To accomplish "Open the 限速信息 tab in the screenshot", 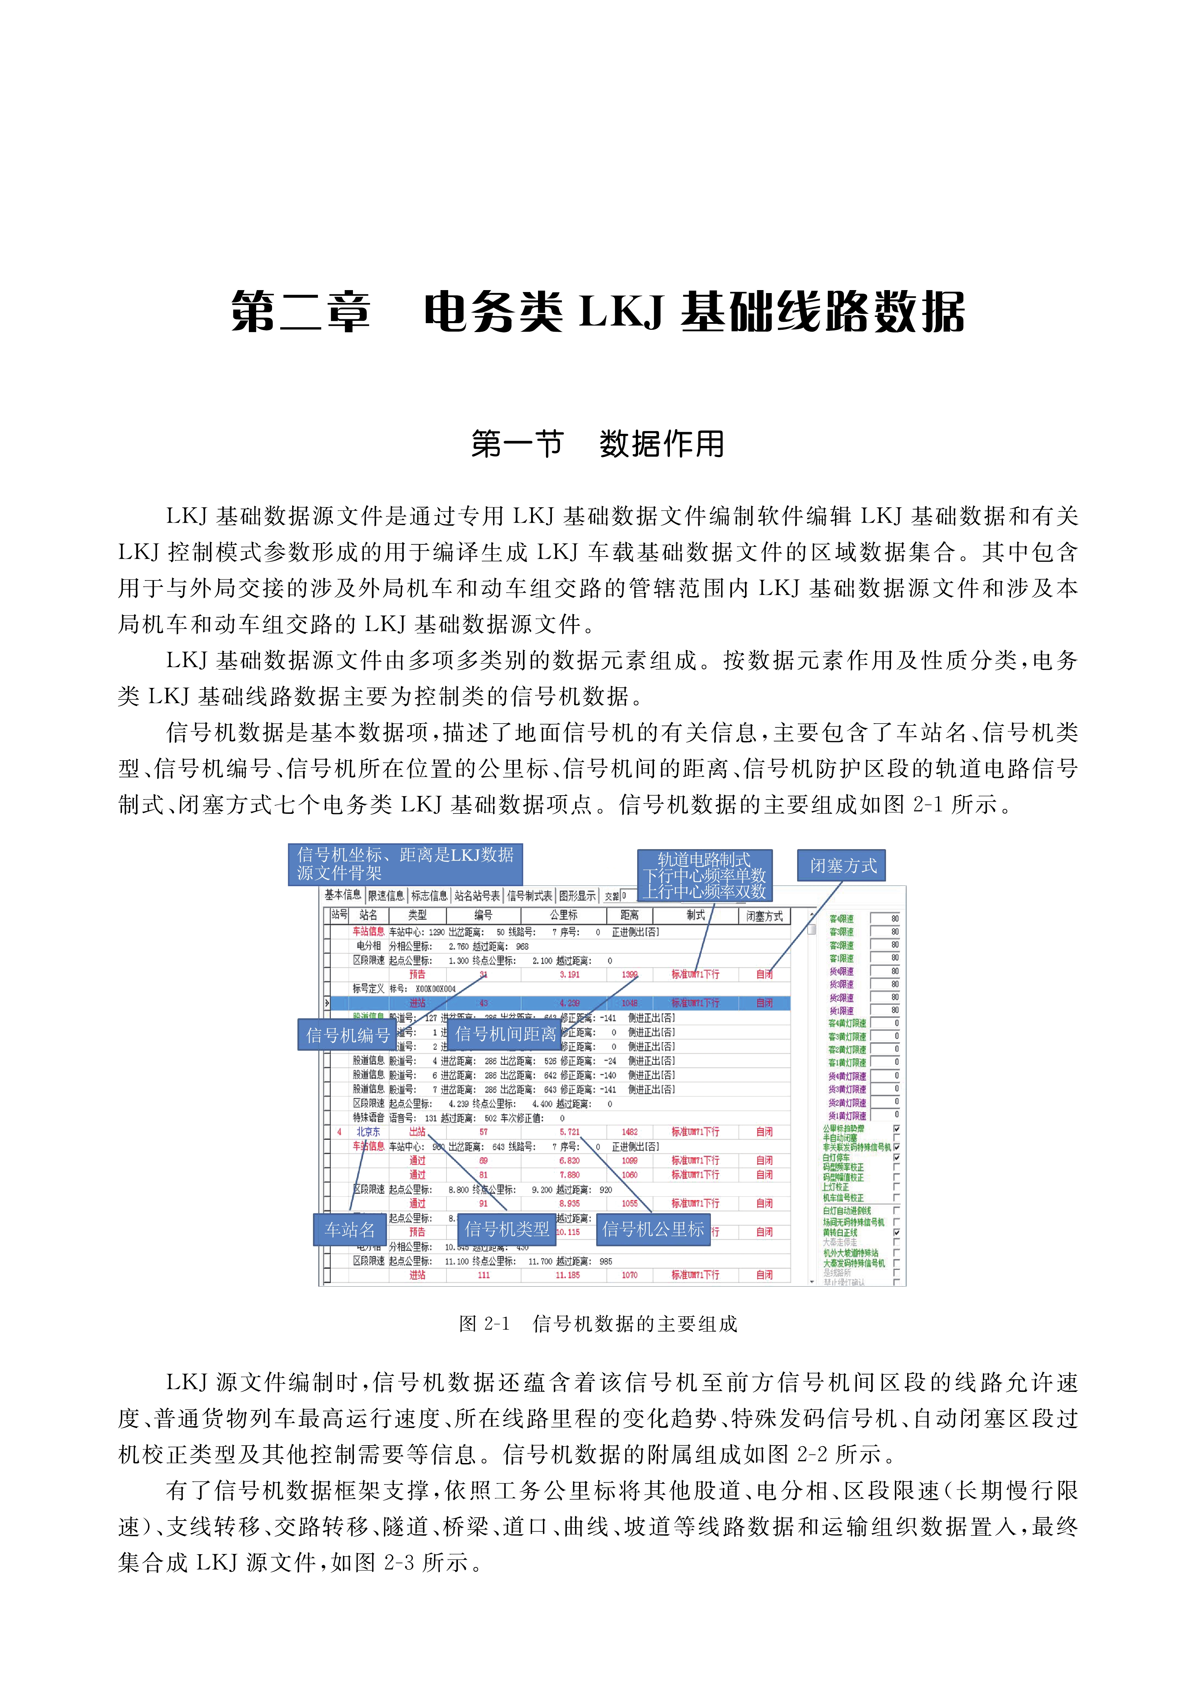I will click(x=386, y=896).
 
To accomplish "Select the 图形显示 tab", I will click(x=577, y=896).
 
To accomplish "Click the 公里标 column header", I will click(x=564, y=915).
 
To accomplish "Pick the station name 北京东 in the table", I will click(x=368, y=1132).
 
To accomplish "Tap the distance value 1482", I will click(x=630, y=1132).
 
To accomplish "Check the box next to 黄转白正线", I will click(x=896, y=1232).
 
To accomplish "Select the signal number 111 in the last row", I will click(x=483, y=1275).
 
